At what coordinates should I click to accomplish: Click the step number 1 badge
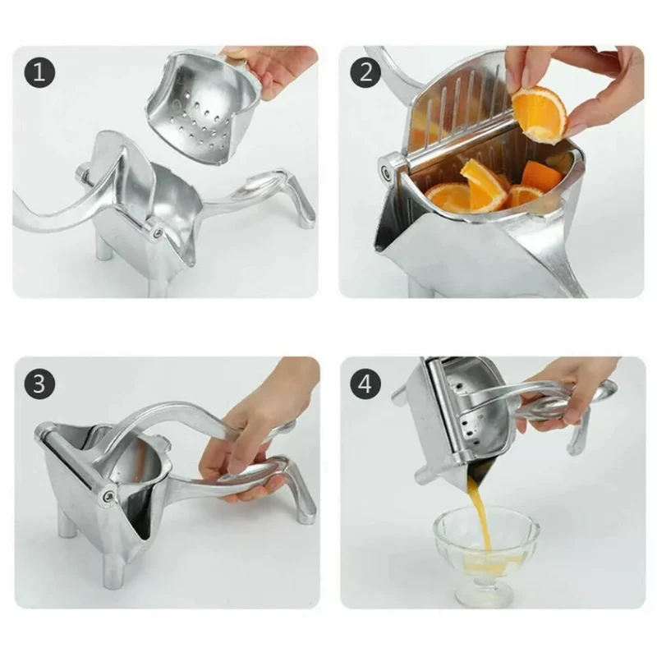pos(39,72)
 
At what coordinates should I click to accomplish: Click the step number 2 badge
pos(365,72)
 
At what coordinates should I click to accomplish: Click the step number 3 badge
pos(39,384)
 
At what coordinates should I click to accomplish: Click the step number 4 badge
pos(365,384)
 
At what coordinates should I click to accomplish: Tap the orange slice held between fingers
pos(540,114)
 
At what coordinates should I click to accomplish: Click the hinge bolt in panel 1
pos(158,231)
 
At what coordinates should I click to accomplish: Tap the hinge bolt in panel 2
pos(386,171)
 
